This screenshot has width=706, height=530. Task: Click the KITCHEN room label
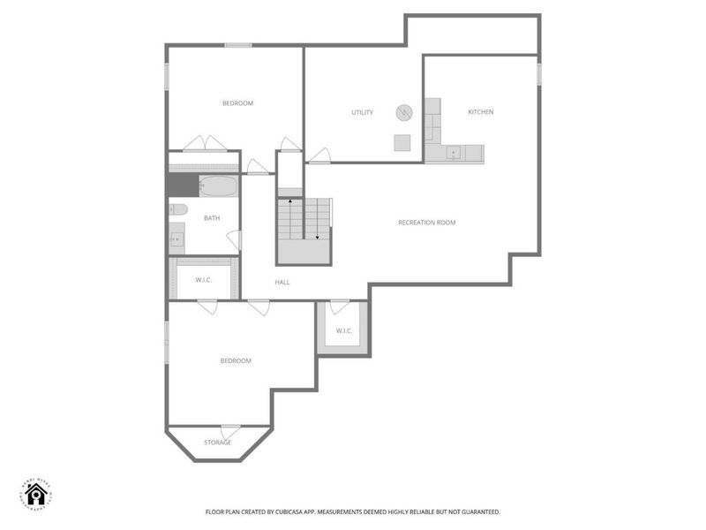pyautogui.click(x=480, y=112)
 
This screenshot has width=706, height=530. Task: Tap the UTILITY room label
pyautogui.click(x=362, y=112)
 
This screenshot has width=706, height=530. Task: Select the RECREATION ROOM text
pyautogui.click(x=426, y=223)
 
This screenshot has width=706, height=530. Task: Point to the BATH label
pyautogui.click(x=212, y=218)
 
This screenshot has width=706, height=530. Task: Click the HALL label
pyautogui.click(x=282, y=283)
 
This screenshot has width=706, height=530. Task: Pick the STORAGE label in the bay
pyautogui.click(x=217, y=443)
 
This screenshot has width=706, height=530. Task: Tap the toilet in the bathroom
pyautogui.click(x=178, y=210)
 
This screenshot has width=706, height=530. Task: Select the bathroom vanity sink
pyautogui.click(x=176, y=238)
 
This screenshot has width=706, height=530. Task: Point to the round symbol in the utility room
pyautogui.click(x=404, y=112)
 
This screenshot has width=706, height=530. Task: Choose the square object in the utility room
pyautogui.click(x=402, y=143)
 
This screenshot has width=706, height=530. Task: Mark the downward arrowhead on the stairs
pyautogui.click(x=317, y=236)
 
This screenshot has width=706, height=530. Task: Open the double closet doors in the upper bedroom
pyautogui.click(x=206, y=144)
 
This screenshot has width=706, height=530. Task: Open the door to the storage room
pyautogui.click(x=230, y=432)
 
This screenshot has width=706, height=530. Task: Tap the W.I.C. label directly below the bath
pyautogui.click(x=203, y=280)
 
